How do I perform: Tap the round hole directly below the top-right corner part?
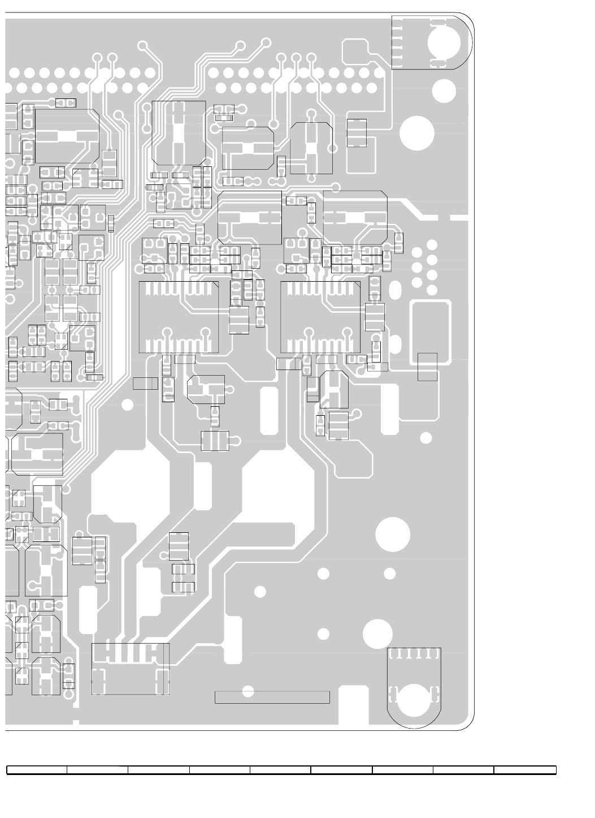[444, 91]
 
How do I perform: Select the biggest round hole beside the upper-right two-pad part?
[417, 133]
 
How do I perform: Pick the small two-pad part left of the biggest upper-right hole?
[357, 133]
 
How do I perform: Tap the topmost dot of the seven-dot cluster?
[432, 245]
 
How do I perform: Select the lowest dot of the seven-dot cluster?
[432, 290]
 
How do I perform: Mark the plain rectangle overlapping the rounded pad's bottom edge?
[427, 367]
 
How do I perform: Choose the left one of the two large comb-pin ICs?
[179, 317]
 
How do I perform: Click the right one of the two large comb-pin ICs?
[320, 317]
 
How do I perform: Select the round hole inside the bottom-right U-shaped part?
[414, 699]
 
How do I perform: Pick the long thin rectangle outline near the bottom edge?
[272, 697]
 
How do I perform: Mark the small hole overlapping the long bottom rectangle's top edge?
[247, 691]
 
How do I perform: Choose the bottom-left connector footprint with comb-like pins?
[130, 668]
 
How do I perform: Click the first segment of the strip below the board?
[37, 769]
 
